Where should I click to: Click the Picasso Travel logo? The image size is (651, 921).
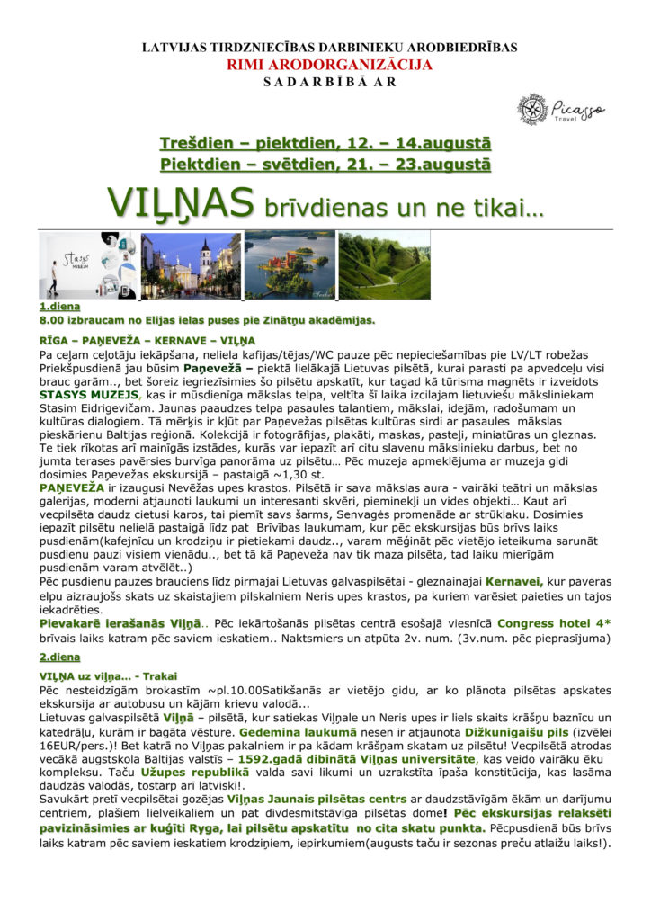[x=560, y=109]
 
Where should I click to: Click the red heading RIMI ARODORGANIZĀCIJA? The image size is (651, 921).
[x=328, y=65]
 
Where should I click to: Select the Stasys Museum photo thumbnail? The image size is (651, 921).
[x=87, y=265]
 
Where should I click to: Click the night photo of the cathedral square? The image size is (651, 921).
[x=191, y=265]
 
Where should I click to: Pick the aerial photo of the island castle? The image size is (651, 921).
[x=290, y=265]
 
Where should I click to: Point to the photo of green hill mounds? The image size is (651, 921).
[x=384, y=265]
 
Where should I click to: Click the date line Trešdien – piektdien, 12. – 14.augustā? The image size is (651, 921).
[x=325, y=144]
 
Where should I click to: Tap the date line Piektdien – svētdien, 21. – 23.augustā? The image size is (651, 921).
[x=325, y=165]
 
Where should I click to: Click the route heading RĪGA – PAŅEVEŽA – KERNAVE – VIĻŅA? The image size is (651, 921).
[x=147, y=341]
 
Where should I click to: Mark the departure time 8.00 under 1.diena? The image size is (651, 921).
[x=52, y=319]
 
